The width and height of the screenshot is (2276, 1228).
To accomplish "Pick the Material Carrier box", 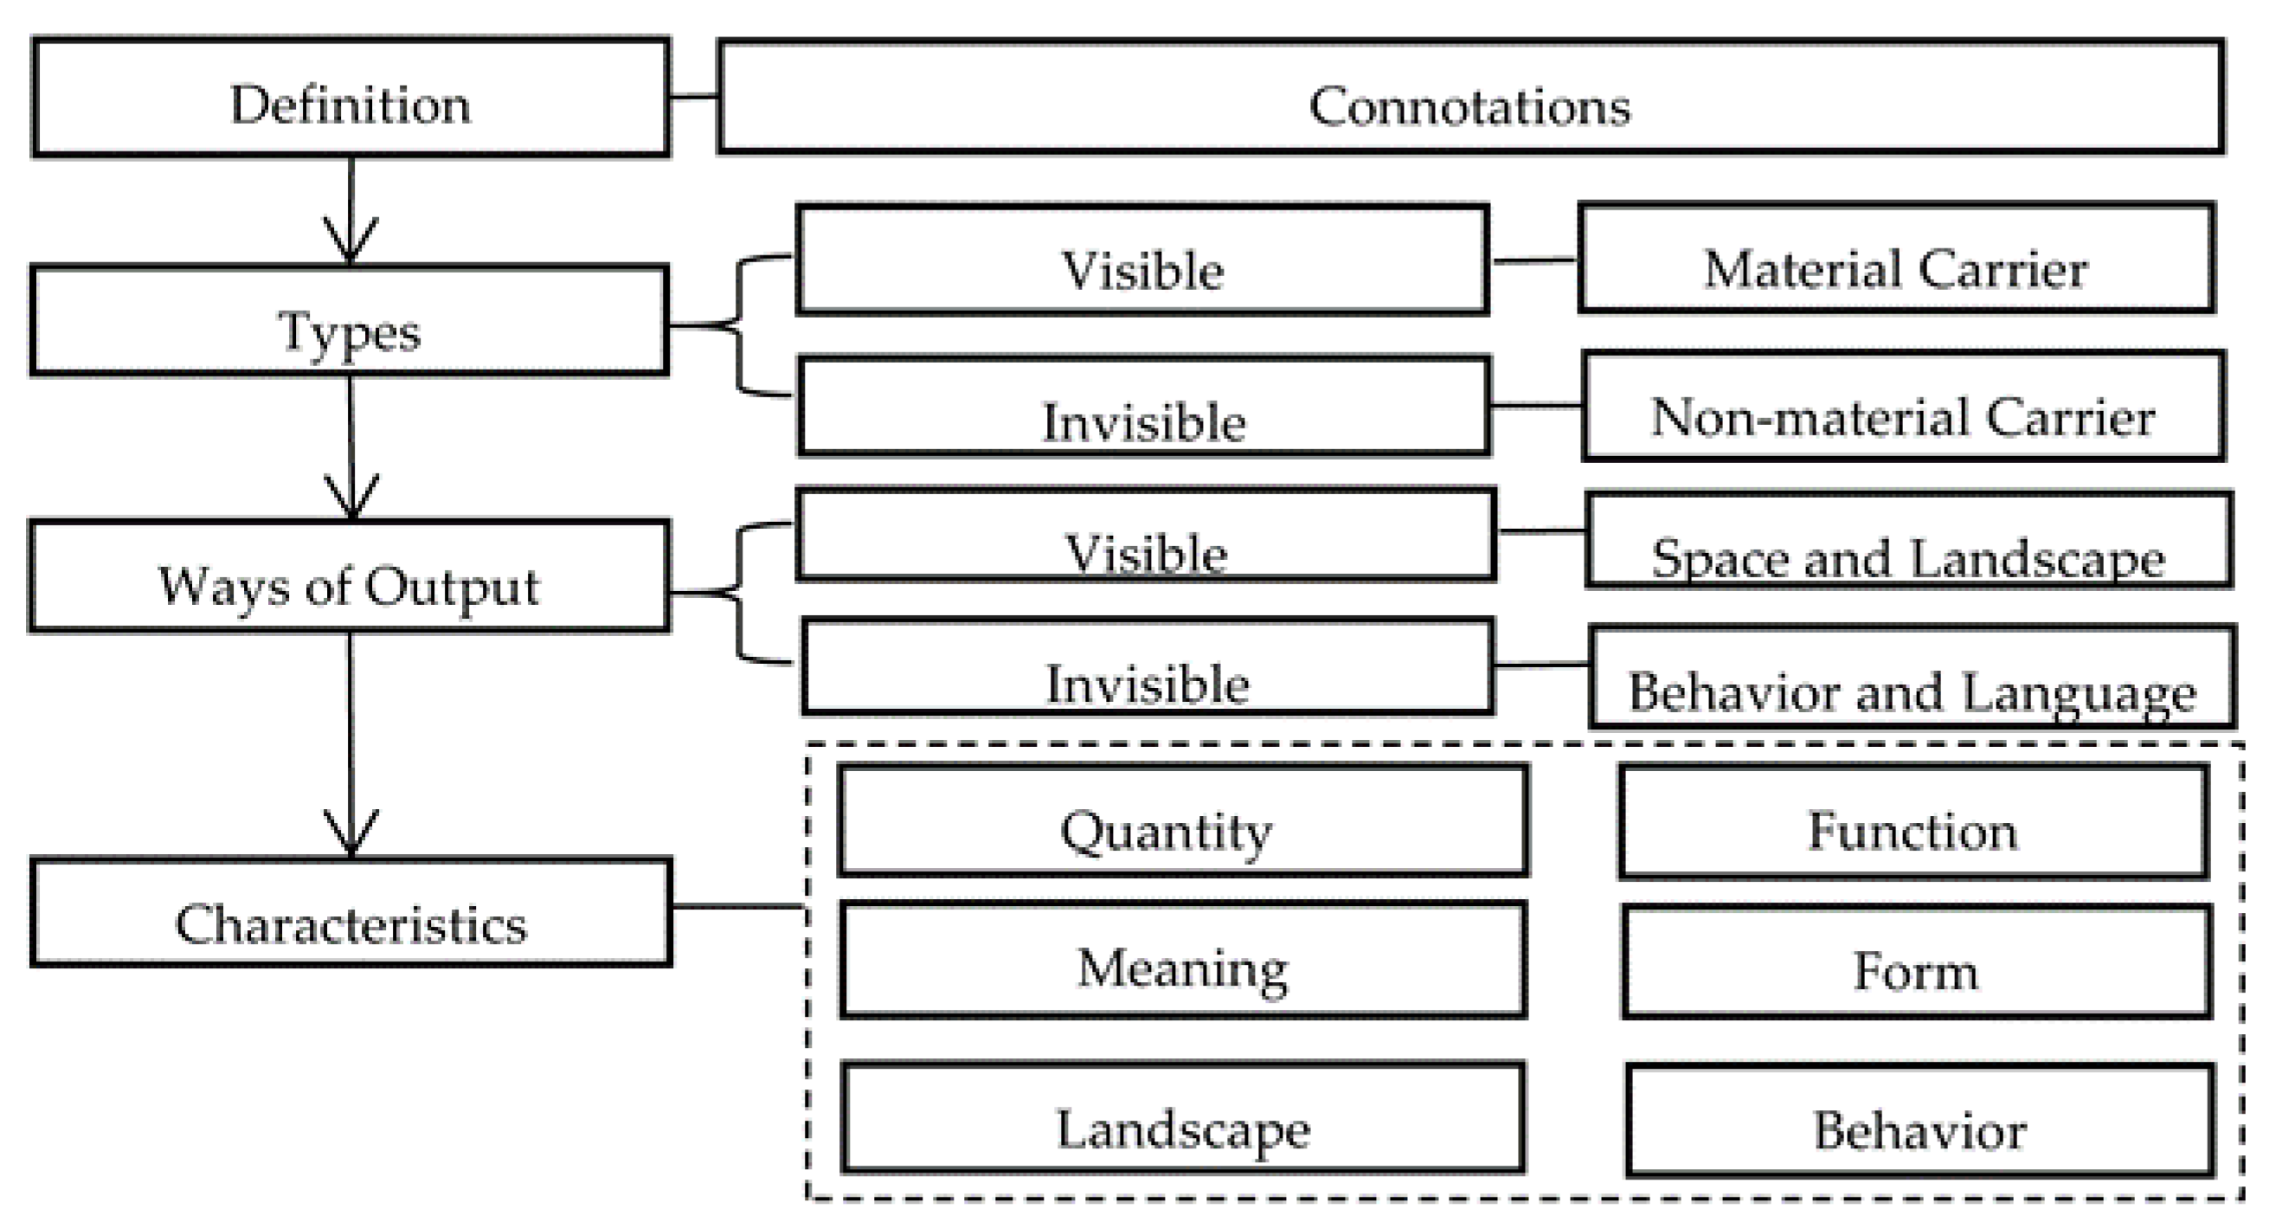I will [1896, 260].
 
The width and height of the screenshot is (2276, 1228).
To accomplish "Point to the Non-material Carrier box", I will [1903, 408].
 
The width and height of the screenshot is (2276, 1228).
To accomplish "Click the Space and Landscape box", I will [1908, 542].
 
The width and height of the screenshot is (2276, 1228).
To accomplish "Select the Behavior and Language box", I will [1912, 678].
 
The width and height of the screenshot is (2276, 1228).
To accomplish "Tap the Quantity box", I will [1183, 821].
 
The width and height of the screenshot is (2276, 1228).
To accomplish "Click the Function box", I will [1913, 823].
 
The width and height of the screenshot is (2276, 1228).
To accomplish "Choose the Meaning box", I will [1183, 961].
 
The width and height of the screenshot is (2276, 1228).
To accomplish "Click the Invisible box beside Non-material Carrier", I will [1144, 408].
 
